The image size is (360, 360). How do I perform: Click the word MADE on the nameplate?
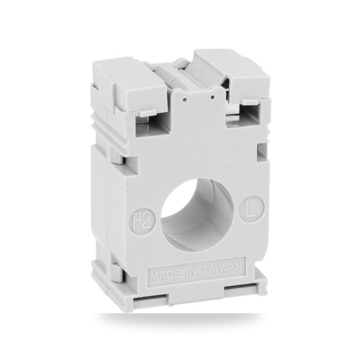point(165,275)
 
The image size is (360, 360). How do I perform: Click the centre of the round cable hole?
point(197,215)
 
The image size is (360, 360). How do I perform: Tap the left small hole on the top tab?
point(184,100)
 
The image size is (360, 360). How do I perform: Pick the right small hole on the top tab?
point(213,97)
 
